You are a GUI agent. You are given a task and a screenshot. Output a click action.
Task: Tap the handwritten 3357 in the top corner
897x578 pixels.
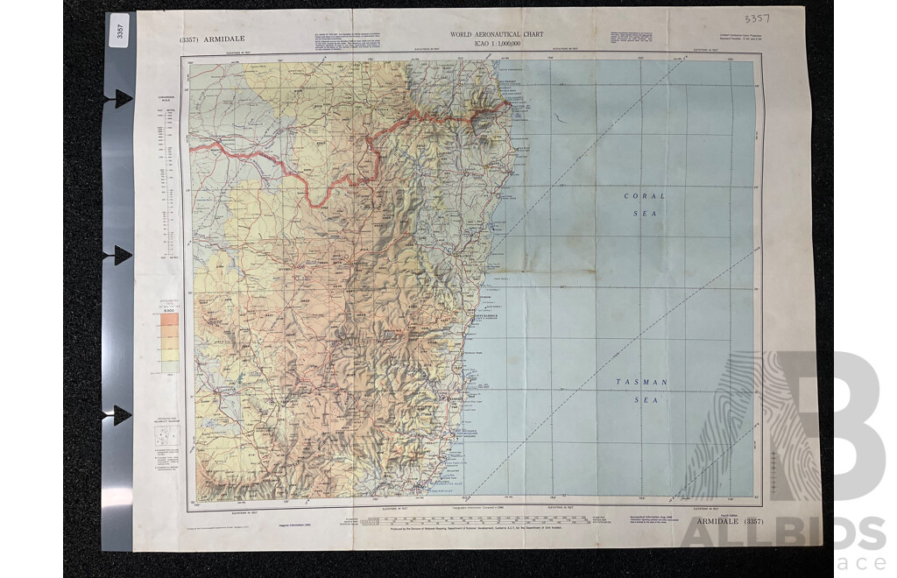757,18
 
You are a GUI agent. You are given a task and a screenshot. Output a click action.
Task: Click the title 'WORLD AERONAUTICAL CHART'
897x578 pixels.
497,34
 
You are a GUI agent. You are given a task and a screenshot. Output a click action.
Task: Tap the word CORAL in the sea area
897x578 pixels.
644,196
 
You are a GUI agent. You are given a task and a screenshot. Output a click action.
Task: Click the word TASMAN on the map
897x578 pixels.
641,382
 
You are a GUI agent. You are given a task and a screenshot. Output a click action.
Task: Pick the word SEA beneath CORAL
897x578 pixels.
644,213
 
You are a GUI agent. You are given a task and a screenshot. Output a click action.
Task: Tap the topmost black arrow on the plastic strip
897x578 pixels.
117,99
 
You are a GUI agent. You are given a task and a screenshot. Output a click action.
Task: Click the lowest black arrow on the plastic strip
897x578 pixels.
117,414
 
